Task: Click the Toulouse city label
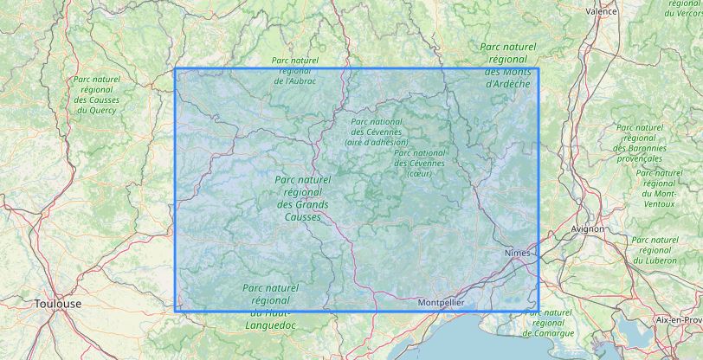point(58,304)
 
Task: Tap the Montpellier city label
point(441,303)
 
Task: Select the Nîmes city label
point(516,252)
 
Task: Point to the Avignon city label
point(588,228)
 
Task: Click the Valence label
point(601,11)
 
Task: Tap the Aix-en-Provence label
point(678,319)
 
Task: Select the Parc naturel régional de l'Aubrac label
point(294,70)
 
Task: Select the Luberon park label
point(655,250)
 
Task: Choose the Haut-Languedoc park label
point(272,305)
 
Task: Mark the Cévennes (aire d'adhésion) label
point(377,132)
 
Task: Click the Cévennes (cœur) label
point(419,163)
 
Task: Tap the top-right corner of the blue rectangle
point(539,69)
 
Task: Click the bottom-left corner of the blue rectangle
point(176,310)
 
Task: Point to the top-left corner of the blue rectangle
point(176,69)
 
